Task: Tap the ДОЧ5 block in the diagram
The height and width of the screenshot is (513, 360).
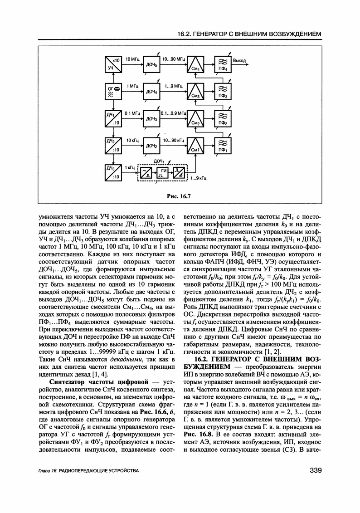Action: pyautogui.click(x=151, y=64)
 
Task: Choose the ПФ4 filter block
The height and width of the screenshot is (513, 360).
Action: pyautogui.click(x=223, y=64)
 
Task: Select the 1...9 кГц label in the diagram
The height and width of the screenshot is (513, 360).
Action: pyautogui.click(x=198, y=178)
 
